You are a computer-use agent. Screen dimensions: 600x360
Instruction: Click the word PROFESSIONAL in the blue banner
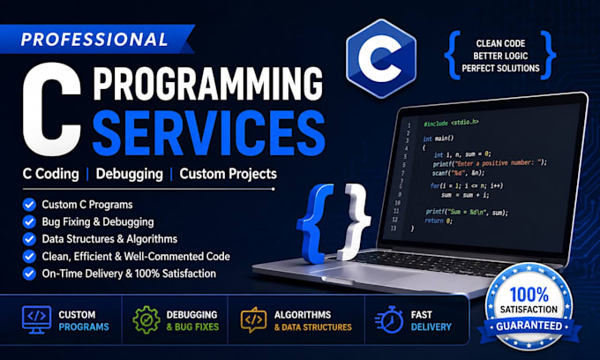[94, 39]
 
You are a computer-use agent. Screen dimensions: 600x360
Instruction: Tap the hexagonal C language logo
[381, 58]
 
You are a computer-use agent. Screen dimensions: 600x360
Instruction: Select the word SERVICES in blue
[208, 132]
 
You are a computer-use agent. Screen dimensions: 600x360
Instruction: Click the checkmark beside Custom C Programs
[29, 205]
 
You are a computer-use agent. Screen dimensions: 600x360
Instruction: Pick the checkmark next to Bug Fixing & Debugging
[29, 221]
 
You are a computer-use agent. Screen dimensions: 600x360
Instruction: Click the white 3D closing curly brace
[355, 221]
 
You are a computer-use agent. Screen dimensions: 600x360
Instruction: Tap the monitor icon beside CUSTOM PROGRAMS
[37, 319]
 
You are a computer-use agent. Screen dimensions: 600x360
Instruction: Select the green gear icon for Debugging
[146, 319]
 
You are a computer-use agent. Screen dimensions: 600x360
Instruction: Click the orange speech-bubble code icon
[253, 319]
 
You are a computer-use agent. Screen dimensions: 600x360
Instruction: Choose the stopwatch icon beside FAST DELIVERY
[389, 319]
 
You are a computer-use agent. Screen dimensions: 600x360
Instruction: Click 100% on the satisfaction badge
[529, 295]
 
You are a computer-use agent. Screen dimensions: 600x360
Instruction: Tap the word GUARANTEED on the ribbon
[529, 326]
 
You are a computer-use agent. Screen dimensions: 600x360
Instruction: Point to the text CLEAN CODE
[500, 43]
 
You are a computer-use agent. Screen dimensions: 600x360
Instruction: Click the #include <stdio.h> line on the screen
[451, 123]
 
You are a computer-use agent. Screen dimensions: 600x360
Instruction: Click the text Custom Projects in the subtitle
[228, 174]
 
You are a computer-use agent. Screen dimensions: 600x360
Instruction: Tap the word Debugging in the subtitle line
[130, 174]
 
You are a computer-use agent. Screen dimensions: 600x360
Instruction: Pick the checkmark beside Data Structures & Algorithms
[29, 239]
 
